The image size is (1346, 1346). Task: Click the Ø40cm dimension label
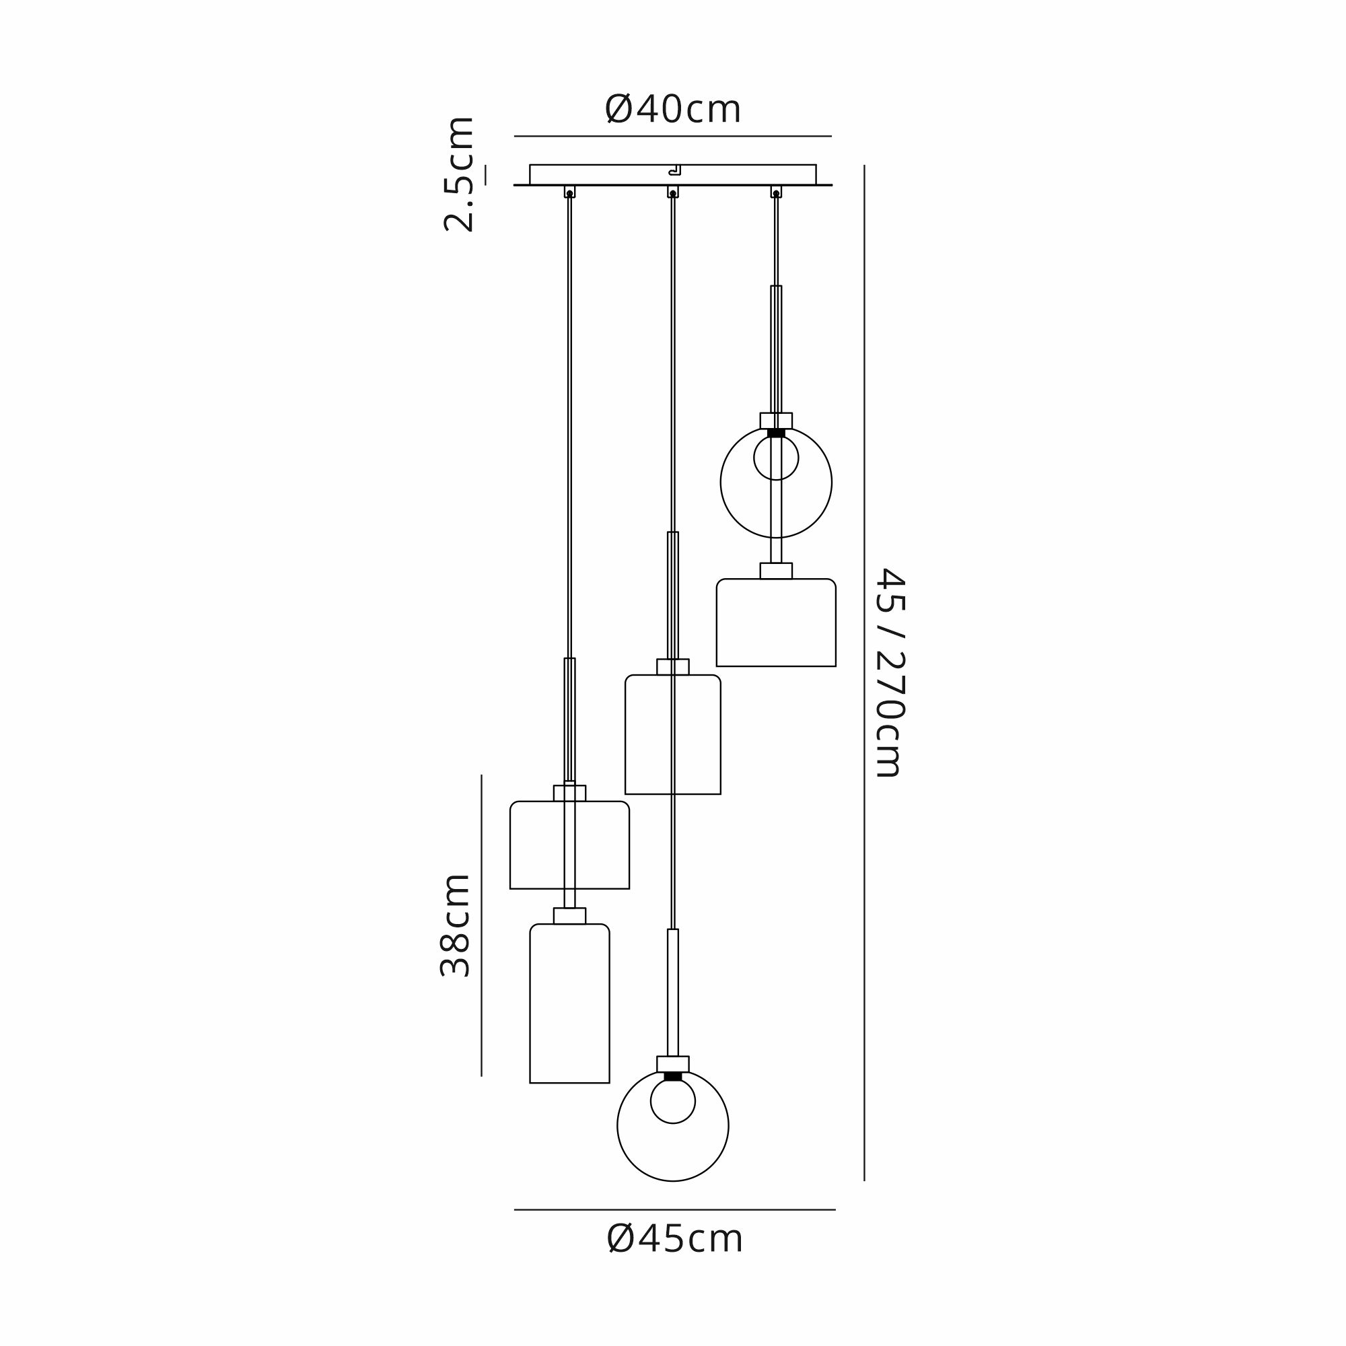tap(673, 110)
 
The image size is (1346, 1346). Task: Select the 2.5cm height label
tap(459, 174)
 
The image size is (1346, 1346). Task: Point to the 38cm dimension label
tap(456, 925)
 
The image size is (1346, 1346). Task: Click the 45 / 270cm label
tap(890, 672)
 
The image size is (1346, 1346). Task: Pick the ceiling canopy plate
tap(673, 175)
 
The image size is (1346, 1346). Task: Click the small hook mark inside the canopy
tap(674, 170)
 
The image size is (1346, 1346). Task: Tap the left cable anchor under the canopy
tap(570, 192)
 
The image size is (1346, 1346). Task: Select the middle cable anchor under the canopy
tap(673, 192)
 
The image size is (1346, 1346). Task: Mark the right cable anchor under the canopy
tap(776, 192)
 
